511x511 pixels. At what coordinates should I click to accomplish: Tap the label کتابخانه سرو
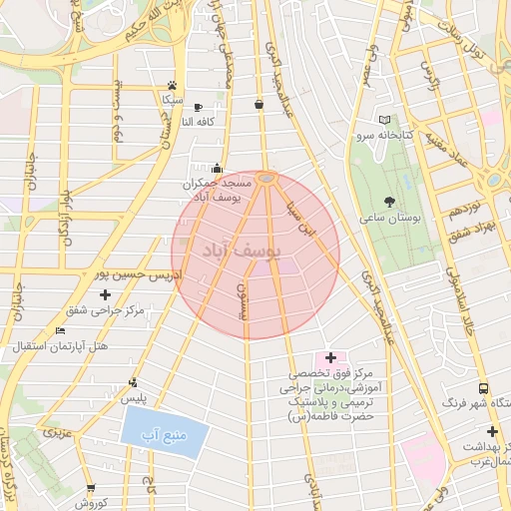(374, 134)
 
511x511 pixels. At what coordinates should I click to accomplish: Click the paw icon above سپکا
(173, 85)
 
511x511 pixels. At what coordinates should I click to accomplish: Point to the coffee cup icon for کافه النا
(198, 107)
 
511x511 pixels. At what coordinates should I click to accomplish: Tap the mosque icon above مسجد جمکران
(217, 168)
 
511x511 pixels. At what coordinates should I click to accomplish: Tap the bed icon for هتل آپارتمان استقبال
(61, 330)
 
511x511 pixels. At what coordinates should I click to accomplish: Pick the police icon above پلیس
(133, 381)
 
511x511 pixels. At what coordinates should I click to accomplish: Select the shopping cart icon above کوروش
(91, 488)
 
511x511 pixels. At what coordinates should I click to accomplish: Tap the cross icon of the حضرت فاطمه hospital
(331, 356)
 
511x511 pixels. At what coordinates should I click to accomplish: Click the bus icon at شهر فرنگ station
(483, 388)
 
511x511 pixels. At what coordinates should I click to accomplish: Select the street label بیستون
(240, 299)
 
